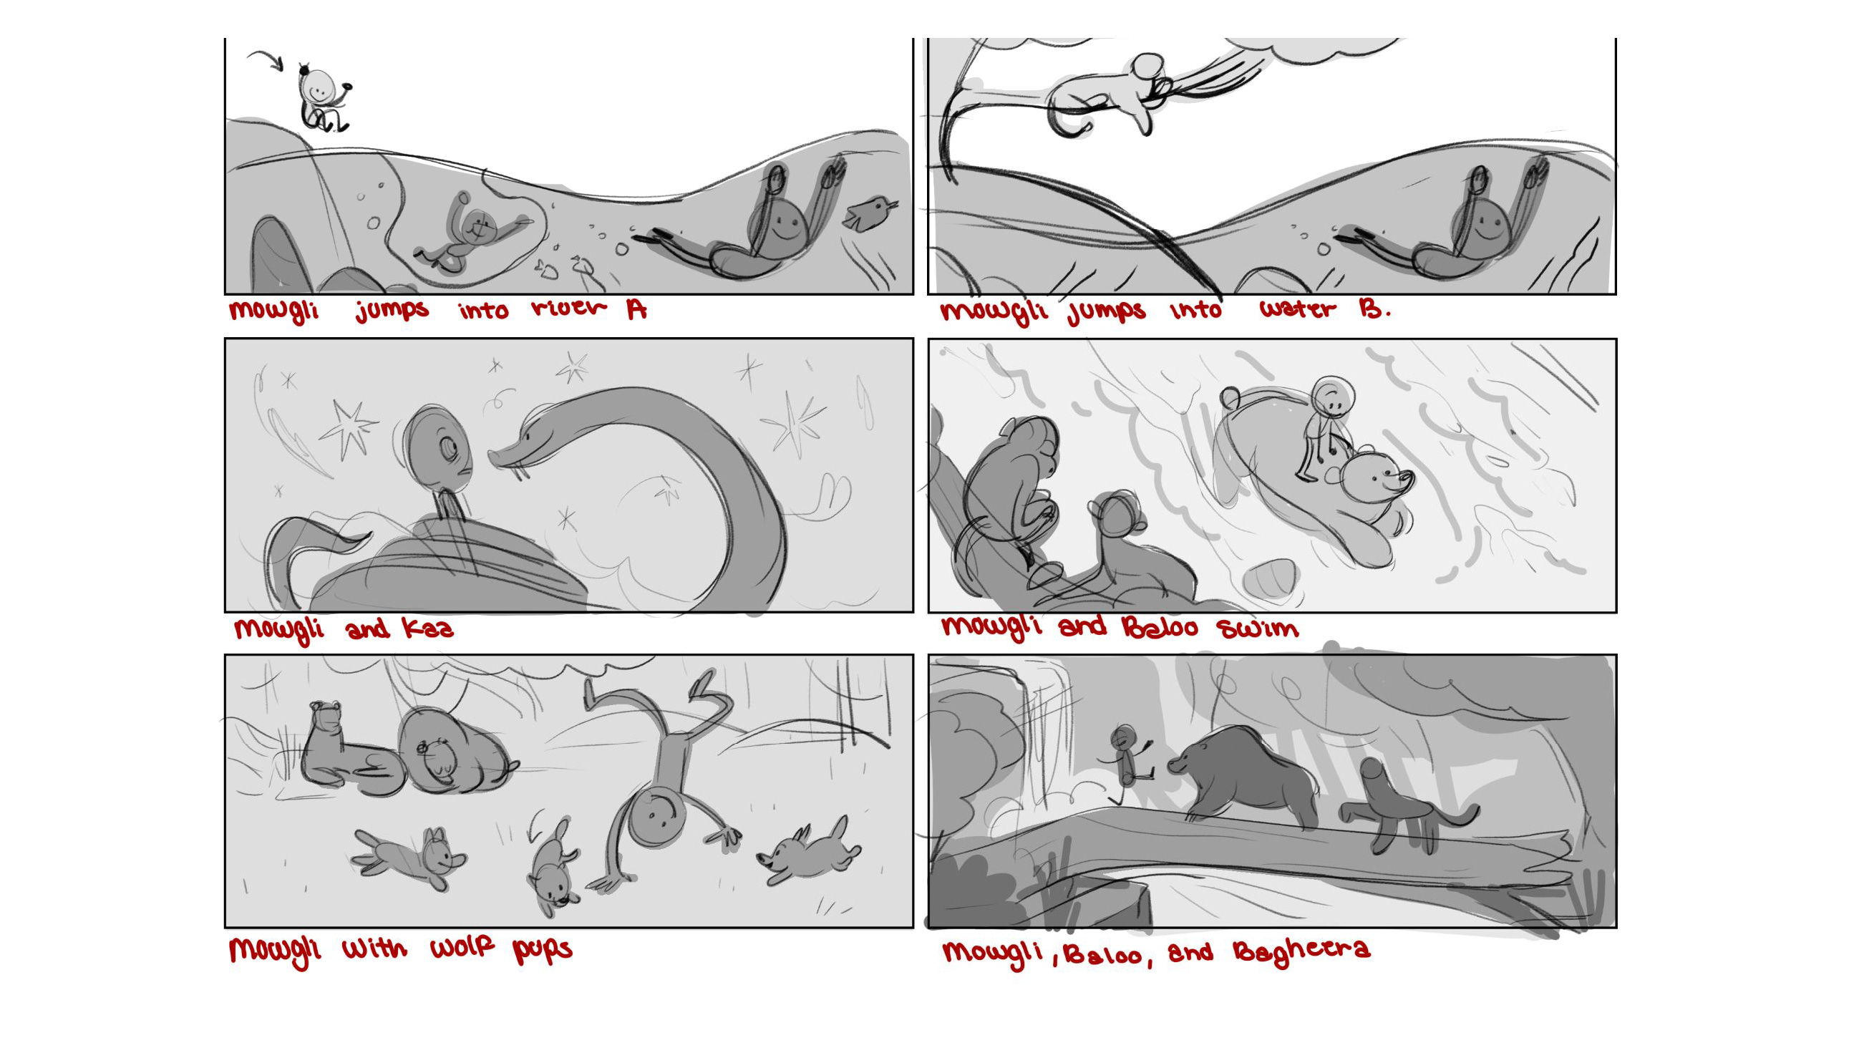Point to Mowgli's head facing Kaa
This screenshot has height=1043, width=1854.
pos(436,450)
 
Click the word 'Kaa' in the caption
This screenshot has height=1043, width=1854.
pos(429,629)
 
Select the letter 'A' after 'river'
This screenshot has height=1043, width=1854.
pos(636,309)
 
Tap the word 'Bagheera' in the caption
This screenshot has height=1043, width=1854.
pos(1301,951)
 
